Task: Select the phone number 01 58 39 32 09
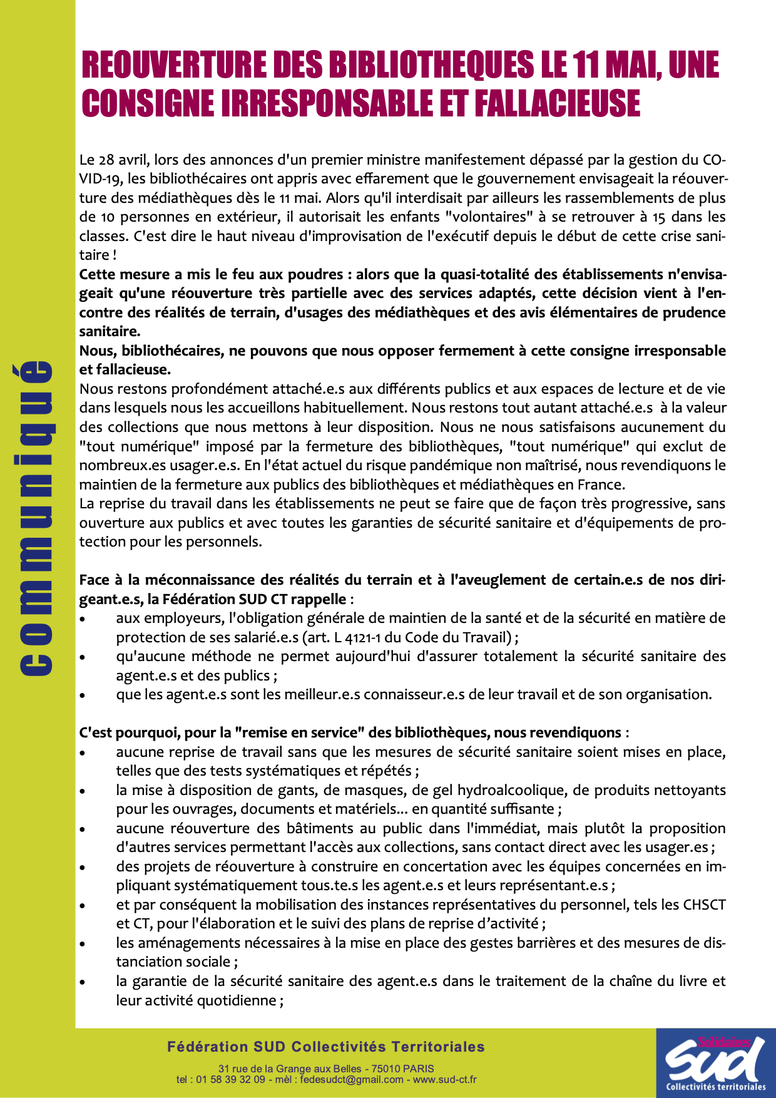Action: [230, 1079]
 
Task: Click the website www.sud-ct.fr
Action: [444, 1079]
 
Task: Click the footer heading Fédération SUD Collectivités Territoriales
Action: [326, 1047]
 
